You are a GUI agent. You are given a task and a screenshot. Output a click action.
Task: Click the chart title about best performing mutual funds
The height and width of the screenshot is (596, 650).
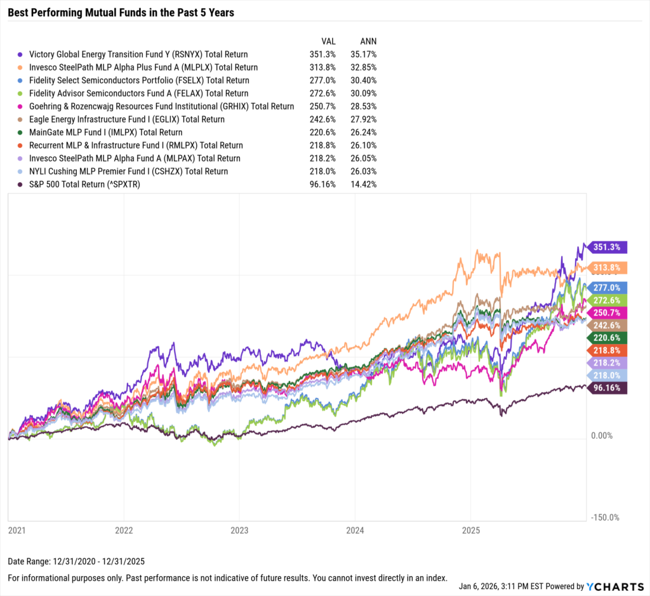click(x=121, y=13)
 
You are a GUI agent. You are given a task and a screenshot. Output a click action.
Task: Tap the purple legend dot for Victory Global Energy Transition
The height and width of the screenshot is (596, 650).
click(x=22, y=55)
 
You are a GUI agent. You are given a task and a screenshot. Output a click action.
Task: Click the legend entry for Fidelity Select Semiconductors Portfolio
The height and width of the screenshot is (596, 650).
click(x=139, y=81)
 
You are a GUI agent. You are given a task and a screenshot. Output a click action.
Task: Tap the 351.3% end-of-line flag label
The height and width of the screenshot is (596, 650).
click(x=608, y=247)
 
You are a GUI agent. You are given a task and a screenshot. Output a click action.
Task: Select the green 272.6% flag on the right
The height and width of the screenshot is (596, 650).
click(x=608, y=300)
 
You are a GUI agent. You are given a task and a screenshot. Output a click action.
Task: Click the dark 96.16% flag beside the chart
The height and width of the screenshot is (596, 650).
click(x=607, y=388)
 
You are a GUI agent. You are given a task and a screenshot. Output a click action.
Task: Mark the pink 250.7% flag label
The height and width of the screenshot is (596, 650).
click(x=608, y=312)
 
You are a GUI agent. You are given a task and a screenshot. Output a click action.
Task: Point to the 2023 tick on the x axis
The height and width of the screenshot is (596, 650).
click(x=239, y=529)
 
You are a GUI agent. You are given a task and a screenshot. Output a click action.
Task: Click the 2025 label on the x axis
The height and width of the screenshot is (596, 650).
click(x=470, y=529)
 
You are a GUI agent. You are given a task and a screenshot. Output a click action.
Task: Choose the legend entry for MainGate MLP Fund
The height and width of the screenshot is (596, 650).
click(x=105, y=133)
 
